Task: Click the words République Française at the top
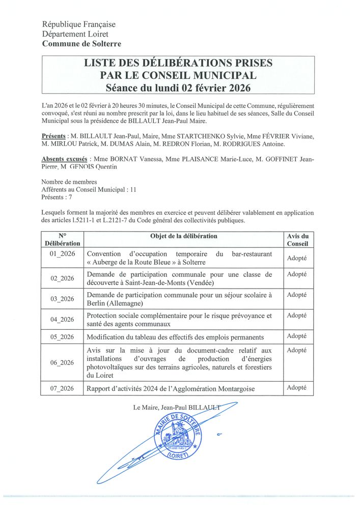pos(79,24)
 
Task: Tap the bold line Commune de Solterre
pos(81,44)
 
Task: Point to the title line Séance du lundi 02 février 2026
pos(178,88)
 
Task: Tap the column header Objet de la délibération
pos(183,236)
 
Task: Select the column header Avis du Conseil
pos(298,240)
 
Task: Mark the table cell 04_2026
pos(62,320)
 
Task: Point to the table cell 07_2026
pos(62,388)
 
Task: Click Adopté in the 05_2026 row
pos(297,336)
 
